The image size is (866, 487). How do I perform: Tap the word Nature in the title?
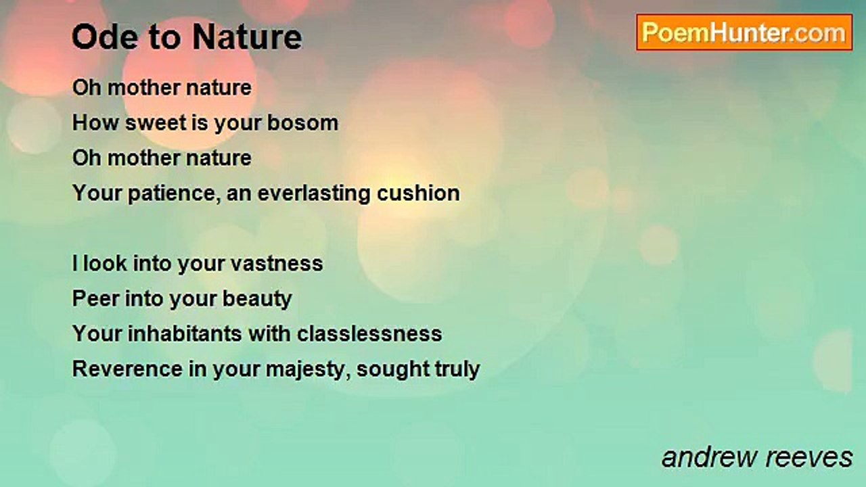pyautogui.click(x=248, y=37)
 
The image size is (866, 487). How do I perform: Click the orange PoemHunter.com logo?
pyautogui.click(x=744, y=32)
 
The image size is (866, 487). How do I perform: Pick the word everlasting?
pyautogui.click(x=314, y=193)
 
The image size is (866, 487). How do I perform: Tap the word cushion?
pyautogui.click(x=419, y=193)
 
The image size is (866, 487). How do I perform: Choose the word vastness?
pyautogui.click(x=277, y=264)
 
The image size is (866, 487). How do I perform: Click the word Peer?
pyautogui.click(x=95, y=298)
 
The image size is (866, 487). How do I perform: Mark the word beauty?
pyautogui.click(x=257, y=299)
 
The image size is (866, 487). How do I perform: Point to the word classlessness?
pyautogui.click(x=369, y=333)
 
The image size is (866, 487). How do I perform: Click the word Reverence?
pyautogui.click(x=128, y=369)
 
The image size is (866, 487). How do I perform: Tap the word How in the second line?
pyautogui.click(x=95, y=123)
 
